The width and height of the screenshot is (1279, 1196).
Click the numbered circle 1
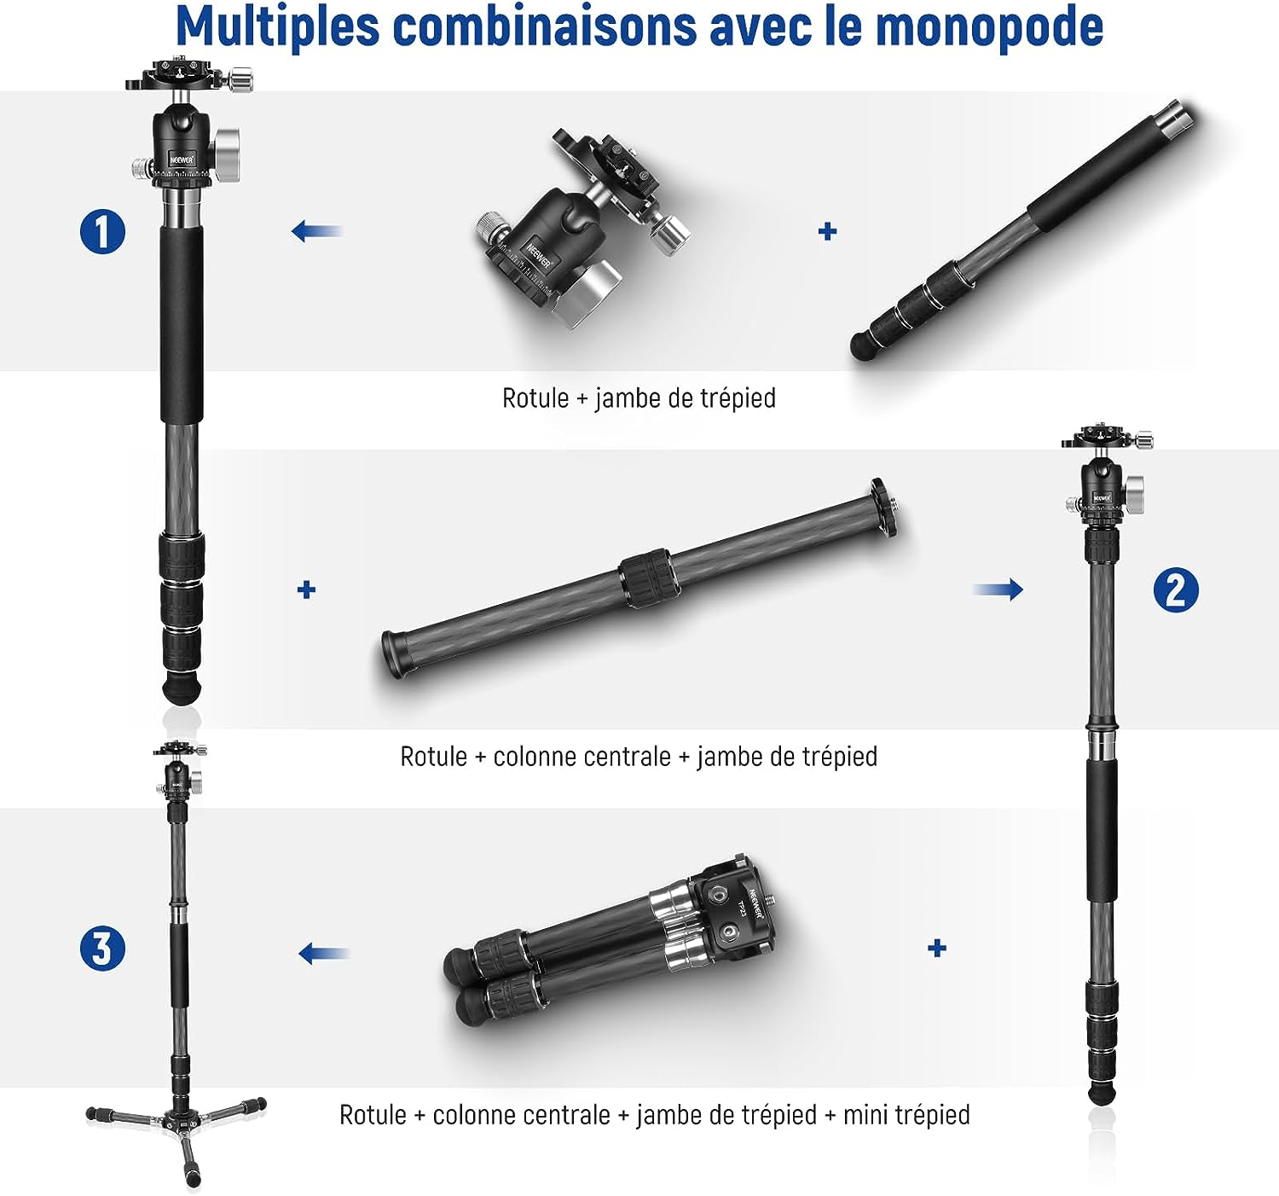(103, 231)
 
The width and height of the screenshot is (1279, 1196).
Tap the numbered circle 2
(1175, 589)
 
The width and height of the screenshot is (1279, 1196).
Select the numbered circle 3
(102, 948)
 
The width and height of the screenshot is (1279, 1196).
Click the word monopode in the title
(990, 26)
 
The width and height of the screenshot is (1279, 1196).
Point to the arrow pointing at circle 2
(998, 589)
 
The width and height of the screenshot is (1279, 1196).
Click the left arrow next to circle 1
(317, 230)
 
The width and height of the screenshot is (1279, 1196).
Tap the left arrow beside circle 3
(325, 953)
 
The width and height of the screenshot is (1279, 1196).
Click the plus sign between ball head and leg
(828, 231)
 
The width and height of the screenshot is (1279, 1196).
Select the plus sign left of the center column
(307, 589)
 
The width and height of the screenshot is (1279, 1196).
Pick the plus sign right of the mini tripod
(937, 948)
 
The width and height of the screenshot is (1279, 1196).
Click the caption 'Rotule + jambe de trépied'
(639, 399)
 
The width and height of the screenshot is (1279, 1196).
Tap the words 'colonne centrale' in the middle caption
(582, 757)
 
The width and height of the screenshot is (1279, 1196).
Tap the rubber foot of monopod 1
(182, 688)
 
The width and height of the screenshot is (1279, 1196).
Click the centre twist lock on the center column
(649, 578)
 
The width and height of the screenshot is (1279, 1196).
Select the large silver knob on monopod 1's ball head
(228, 154)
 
